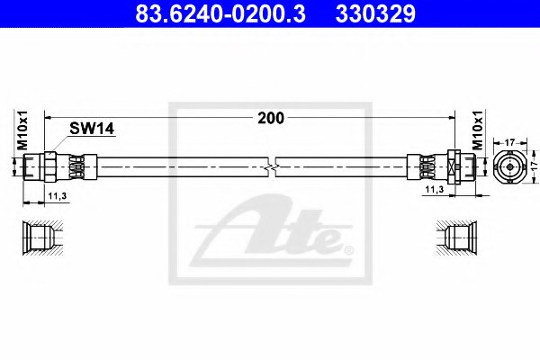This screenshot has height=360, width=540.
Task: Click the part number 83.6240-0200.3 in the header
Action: coord(220,14)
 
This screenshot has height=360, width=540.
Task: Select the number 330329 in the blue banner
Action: coord(375,14)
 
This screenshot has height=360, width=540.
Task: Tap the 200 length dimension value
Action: coord(271,118)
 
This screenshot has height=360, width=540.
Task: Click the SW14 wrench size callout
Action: coord(92,129)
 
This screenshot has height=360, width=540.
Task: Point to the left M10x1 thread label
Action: coord(22,130)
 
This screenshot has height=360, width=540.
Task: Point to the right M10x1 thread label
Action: coord(478,130)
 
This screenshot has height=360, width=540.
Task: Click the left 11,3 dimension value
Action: coord(58,196)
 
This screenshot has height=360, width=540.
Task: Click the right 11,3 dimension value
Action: coord(435,189)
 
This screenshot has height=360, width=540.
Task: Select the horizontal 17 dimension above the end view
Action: coord(509,142)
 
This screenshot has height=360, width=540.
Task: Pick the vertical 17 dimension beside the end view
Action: coord(534,165)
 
